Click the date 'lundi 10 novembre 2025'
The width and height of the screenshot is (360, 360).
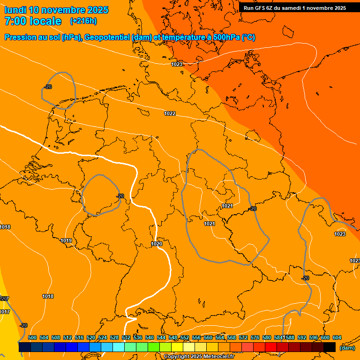(x=56, y=10)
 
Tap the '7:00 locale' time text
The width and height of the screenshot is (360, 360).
(x=33, y=21)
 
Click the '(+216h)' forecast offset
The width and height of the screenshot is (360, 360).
(x=83, y=21)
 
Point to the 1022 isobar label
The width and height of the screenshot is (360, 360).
(x=170, y=114)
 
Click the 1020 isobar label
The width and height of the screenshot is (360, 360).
(x=157, y=244)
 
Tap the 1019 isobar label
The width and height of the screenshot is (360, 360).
(x=66, y=240)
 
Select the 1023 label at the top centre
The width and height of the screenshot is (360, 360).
(x=177, y=64)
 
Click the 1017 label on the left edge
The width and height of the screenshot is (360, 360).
(x=5, y=312)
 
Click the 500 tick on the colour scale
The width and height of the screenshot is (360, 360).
(x=32, y=337)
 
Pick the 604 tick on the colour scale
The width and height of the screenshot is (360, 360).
(x=337, y=337)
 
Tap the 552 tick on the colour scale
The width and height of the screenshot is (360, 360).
(x=185, y=337)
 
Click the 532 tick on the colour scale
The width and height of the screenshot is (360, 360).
(x=126, y=337)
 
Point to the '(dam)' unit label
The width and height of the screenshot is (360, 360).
(x=347, y=347)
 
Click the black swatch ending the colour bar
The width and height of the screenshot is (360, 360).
(x=330, y=347)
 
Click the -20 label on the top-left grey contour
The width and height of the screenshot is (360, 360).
(x=48, y=87)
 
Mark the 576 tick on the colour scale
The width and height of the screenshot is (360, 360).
(x=255, y=337)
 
